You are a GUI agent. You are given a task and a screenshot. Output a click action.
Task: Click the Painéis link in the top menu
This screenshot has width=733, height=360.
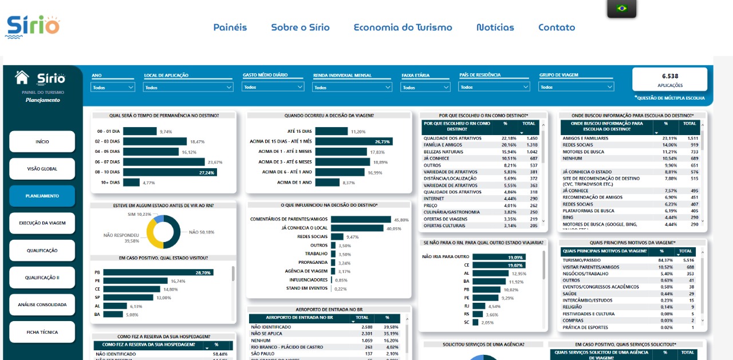pos(230,27)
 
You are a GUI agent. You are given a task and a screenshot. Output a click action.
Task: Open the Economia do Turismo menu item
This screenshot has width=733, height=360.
pos(403,27)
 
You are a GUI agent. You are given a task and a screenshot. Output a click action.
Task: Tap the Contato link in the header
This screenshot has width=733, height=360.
pos(556,27)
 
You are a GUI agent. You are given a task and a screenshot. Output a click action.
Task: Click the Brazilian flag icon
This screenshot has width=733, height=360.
pos(621,8)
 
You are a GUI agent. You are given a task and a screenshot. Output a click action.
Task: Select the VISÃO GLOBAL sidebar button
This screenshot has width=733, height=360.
pos(42,169)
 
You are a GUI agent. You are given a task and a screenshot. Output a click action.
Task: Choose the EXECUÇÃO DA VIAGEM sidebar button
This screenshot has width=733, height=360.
pos(42,223)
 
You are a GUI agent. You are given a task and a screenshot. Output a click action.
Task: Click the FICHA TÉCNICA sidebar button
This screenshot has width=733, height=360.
pos(42,332)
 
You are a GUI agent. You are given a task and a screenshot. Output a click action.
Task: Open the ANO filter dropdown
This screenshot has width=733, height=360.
pos(113,88)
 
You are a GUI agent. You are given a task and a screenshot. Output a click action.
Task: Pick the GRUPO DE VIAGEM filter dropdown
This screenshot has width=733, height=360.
pos(576,88)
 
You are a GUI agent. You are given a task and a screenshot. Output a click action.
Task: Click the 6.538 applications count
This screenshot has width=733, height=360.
pos(669,76)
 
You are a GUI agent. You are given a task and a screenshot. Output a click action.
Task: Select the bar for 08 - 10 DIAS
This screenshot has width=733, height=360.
pos(169,172)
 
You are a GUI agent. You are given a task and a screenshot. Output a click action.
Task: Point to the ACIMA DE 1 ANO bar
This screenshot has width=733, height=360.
pos(327,183)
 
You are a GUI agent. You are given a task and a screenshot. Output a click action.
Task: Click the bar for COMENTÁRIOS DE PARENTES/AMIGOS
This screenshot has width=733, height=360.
pos(361,219)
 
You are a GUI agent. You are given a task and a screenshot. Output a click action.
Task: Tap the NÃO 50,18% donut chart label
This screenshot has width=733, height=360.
pos(201,232)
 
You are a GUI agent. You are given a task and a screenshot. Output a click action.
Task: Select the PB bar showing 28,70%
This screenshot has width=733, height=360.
pos(157,272)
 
